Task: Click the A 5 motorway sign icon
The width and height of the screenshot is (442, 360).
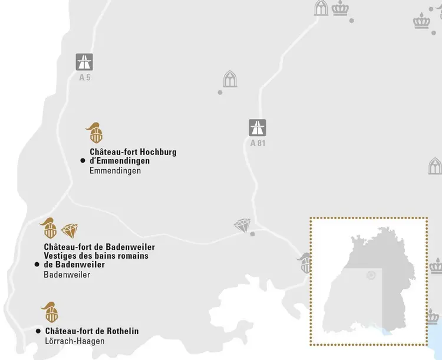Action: pos(84,62)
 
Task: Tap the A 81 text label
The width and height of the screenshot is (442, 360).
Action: pos(258,143)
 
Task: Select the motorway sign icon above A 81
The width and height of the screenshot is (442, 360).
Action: pos(258,128)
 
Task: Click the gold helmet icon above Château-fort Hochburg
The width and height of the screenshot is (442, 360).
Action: pos(94,133)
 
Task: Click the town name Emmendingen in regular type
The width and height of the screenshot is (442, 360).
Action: pos(115,171)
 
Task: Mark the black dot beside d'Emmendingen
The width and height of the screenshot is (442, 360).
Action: pos(83,160)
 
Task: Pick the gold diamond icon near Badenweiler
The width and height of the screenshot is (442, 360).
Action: pos(70,230)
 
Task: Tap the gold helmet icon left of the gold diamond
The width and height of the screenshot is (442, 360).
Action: pos(48,228)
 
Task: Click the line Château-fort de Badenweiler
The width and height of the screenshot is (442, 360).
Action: pos(99,247)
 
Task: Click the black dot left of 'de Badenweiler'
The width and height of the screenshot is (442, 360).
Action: pos(37,265)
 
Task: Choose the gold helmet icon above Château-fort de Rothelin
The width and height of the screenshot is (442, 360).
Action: pos(50,312)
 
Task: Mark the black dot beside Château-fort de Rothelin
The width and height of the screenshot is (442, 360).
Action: pos(38,331)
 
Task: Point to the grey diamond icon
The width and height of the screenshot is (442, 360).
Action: pos(242,225)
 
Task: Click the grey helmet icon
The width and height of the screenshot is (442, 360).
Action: pos(305,263)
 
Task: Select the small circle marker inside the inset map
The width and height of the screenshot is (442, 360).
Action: pos(371,275)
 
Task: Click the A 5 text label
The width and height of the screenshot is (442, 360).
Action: pos(85,77)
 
